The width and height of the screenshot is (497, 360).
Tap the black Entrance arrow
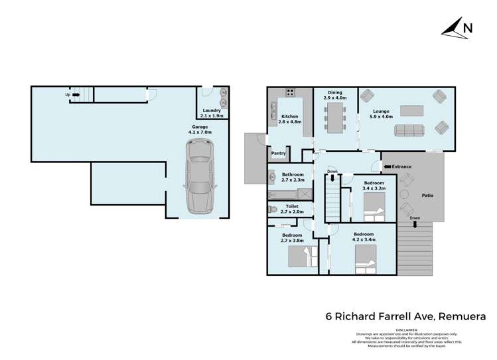[387, 166]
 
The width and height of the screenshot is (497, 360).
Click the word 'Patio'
[428, 196]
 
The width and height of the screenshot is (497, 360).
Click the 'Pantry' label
[278, 153]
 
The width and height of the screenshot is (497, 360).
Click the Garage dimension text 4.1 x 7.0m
[201, 131]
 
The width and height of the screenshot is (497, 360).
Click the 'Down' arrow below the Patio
[415, 224]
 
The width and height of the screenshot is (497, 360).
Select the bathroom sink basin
[273, 176]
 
